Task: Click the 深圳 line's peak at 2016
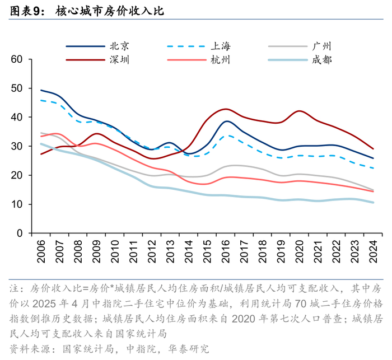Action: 226,109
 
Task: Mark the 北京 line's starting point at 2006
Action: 41,90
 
